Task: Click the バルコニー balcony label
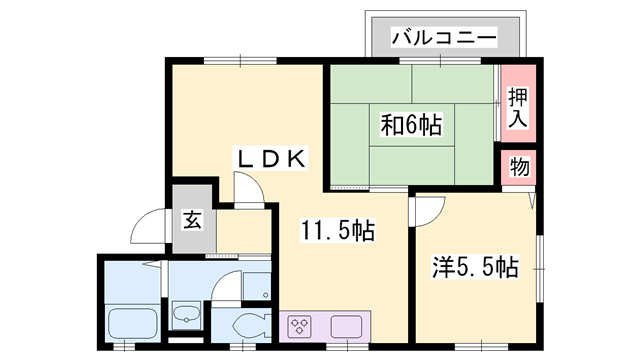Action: point(443,37)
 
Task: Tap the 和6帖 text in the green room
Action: point(410,126)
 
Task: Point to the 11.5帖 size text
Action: point(339,232)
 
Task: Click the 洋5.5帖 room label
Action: point(475,267)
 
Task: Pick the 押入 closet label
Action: point(517,106)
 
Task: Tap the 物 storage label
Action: point(520,166)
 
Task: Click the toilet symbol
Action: point(245,325)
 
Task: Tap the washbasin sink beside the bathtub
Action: point(186,319)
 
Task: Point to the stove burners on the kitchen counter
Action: point(301,325)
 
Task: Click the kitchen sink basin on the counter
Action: point(346,325)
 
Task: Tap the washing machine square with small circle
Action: point(255,282)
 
